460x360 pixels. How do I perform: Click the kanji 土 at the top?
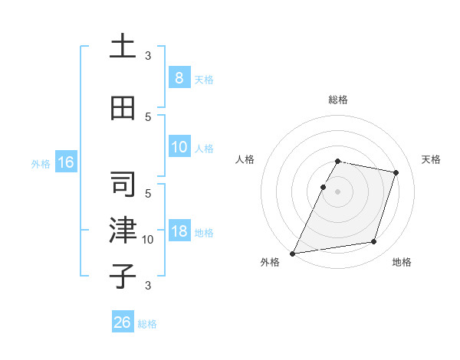tap(123, 47)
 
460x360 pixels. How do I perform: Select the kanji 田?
tap(123, 108)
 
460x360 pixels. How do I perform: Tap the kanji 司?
tap(123, 185)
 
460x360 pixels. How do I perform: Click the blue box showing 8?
tap(179, 78)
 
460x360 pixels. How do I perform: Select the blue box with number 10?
tap(179, 147)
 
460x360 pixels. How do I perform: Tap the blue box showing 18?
tap(179, 231)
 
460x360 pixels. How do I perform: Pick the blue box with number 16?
tap(65, 162)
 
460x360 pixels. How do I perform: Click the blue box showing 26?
tap(123, 322)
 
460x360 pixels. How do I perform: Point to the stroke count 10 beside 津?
tap(148, 240)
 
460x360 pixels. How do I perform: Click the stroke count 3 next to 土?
tap(148, 56)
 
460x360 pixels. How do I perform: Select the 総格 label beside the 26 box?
tap(147, 324)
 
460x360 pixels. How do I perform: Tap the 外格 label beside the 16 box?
tap(41, 163)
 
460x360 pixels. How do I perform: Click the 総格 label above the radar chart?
tap(338, 100)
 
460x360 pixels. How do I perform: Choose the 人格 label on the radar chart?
tap(245, 159)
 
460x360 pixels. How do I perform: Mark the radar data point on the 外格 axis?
tap(292, 254)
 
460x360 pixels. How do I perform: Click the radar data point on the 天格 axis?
tap(396, 173)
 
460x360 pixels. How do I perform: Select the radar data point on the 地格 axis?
tap(374, 242)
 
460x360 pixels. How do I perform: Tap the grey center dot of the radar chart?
tap(338, 191)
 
